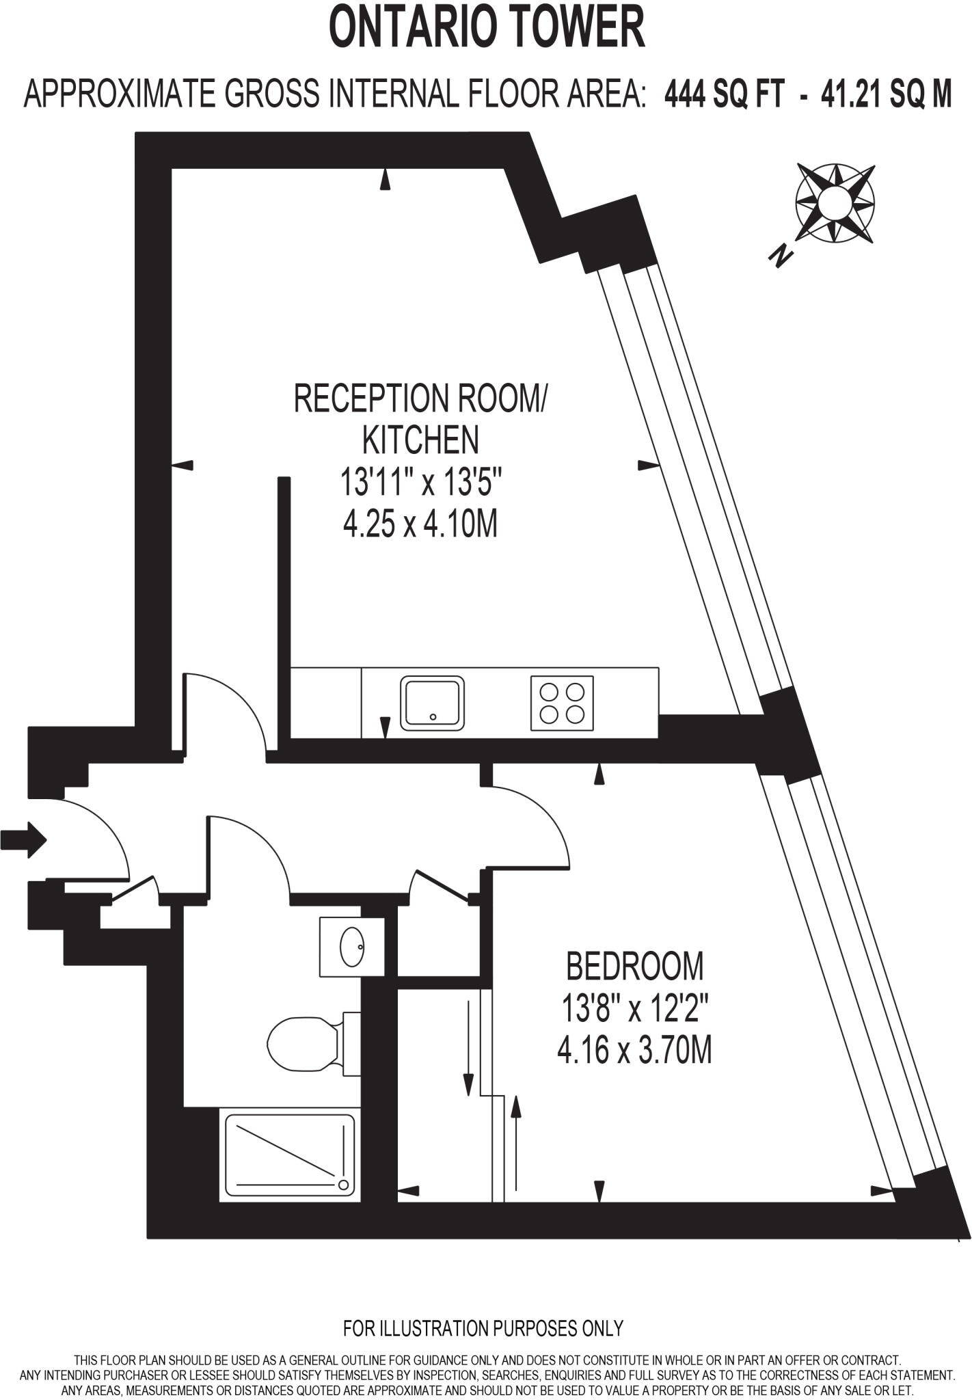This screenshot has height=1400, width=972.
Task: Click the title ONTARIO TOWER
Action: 487,28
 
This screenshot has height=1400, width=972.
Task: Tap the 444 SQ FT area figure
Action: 724,94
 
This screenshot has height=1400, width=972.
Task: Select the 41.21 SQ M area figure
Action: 886,94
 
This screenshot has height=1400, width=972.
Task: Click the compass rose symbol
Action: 835,203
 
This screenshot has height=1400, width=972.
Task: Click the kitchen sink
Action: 432,702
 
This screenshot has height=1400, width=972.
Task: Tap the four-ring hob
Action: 562,703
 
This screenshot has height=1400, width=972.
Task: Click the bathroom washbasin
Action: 352,947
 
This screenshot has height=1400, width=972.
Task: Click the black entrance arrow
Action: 23,839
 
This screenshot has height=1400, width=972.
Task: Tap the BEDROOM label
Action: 635,966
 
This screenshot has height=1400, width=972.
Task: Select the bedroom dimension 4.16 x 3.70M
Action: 635,1050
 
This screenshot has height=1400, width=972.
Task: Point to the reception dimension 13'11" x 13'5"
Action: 421,483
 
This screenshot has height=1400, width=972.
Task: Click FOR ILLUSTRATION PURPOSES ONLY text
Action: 483,1328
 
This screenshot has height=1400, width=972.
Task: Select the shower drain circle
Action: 343,1185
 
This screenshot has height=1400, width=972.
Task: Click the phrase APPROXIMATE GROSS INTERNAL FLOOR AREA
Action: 335,94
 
